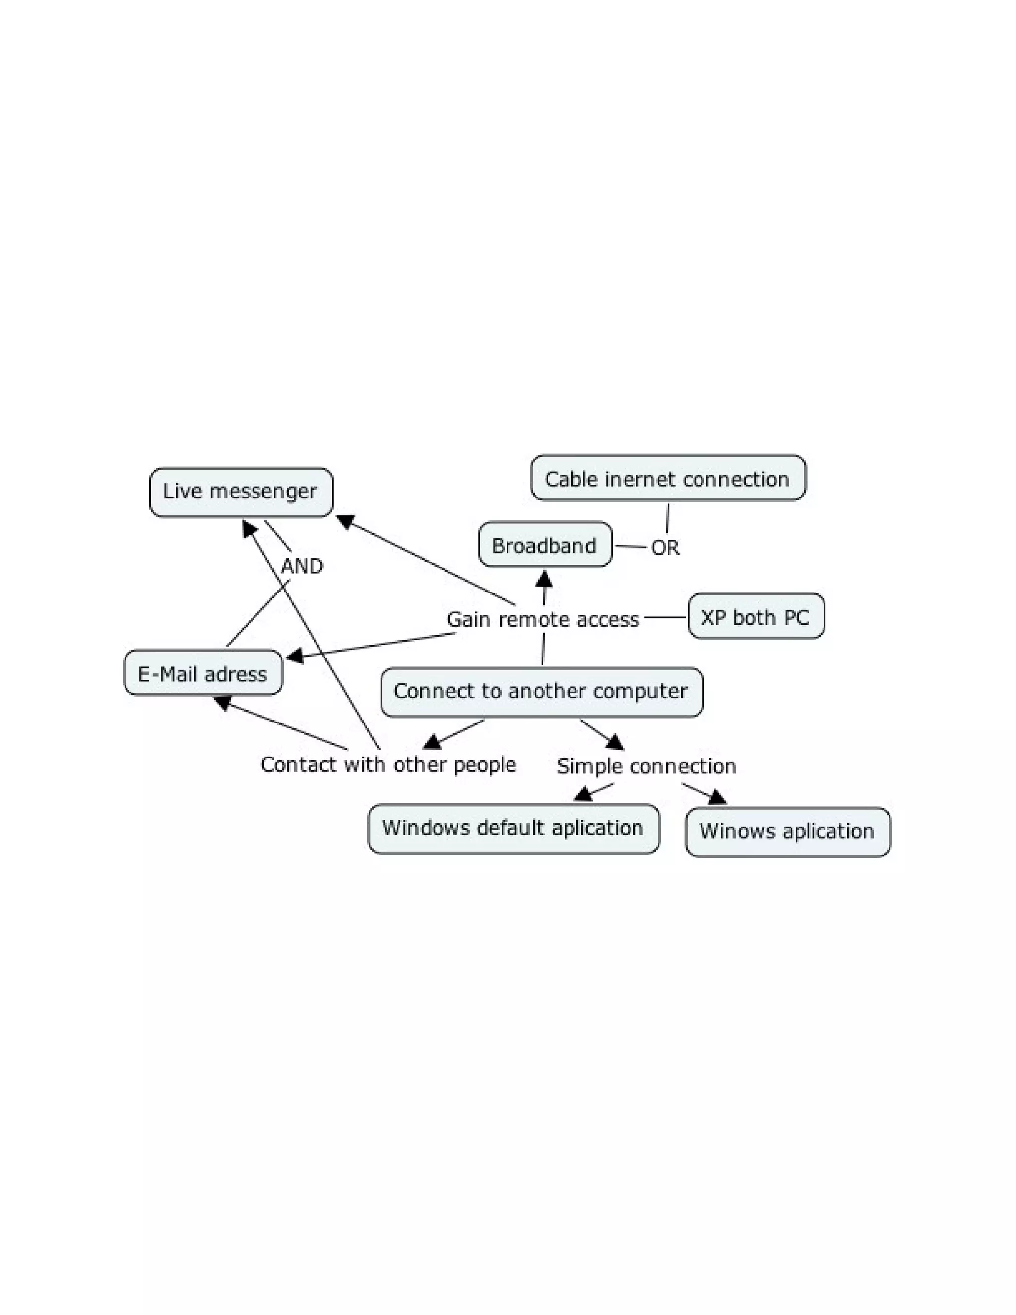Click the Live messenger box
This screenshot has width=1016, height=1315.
(241, 492)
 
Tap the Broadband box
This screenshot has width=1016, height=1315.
(545, 545)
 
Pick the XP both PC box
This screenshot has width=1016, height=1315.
(756, 616)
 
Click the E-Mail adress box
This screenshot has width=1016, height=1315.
(203, 672)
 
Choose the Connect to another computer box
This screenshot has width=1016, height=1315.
(541, 691)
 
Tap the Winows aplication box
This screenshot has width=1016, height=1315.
(787, 832)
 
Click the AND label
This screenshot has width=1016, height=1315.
(302, 566)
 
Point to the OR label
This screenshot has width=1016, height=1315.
(665, 548)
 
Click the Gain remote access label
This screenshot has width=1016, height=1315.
(542, 619)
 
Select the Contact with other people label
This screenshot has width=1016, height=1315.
(388, 764)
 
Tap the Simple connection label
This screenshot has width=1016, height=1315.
(646, 766)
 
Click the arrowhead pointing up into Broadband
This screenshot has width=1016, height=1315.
(544, 579)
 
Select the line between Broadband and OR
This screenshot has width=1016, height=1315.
(630, 547)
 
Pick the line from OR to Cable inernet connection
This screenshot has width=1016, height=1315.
(668, 518)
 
